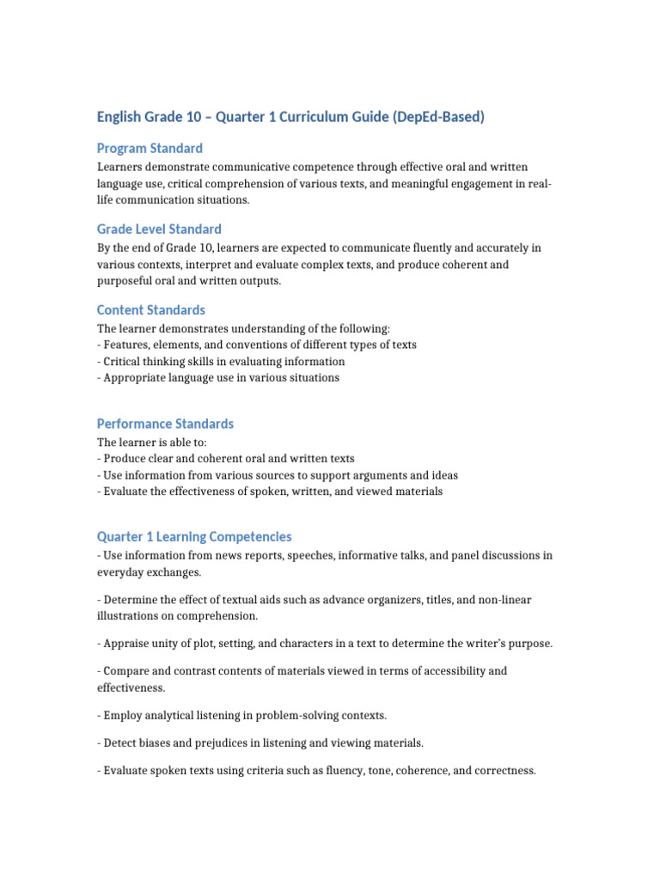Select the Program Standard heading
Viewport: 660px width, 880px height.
[x=150, y=148]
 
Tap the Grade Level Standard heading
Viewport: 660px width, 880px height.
[x=159, y=229]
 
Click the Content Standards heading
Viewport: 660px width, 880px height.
[x=151, y=309]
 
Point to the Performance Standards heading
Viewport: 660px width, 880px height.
[x=165, y=424]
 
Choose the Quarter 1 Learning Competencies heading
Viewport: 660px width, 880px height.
[x=194, y=536]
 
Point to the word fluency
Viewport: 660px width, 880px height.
[x=336, y=771]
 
